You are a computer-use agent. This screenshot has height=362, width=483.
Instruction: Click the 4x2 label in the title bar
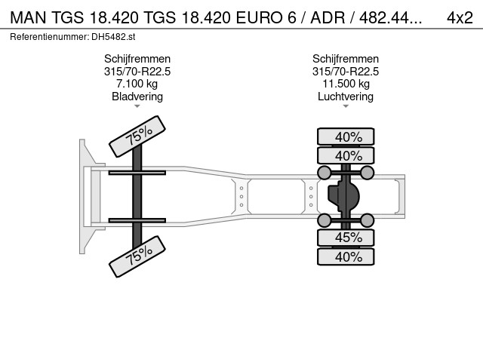[x=460, y=18]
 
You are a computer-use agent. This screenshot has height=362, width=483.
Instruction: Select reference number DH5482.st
[x=113, y=37]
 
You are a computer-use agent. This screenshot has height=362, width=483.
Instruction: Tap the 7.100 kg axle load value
[x=137, y=84]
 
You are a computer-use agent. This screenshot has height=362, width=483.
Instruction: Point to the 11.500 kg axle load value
[x=346, y=84]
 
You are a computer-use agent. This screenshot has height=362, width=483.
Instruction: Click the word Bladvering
[x=137, y=97]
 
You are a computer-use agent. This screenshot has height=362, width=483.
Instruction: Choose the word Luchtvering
[x=346, y=97]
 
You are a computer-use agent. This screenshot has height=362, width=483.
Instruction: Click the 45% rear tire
[x=346, y=238]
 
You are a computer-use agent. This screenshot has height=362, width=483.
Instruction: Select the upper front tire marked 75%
[x=137, y=137]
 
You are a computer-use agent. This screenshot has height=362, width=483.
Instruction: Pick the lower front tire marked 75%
[x=137, y=256]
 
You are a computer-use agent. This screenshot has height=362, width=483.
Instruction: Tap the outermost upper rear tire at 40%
[x=346, y=137]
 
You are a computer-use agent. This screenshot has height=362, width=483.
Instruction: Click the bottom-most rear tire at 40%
[x=346, y=256]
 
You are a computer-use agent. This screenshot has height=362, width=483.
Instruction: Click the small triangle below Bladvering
[x=137, y=106]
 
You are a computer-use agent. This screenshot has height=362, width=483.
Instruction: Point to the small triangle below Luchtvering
[x=346, y=106]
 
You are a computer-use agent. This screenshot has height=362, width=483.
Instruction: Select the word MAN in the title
[x=28, y=18]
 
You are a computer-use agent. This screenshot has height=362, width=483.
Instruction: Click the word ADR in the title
[x=328, y=18]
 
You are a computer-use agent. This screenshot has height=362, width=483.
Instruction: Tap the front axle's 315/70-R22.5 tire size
[x=137, y=72]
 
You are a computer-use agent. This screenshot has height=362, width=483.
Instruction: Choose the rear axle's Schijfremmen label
[x=346, y=59]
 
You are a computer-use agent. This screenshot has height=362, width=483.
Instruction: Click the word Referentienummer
[x=49, y=37]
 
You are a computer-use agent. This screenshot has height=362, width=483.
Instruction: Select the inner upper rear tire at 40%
[x=346, y=155]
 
